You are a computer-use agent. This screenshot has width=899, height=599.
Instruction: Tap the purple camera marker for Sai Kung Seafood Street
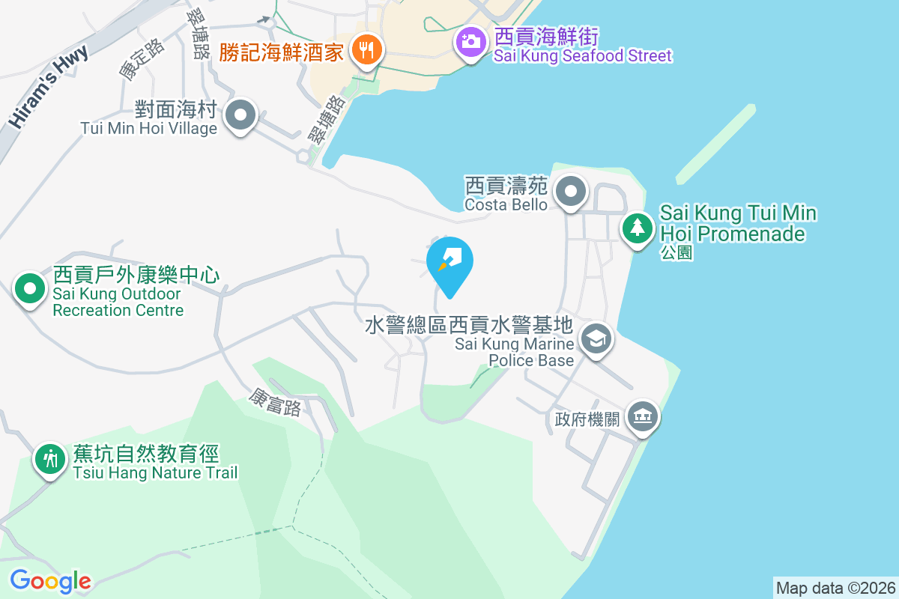tap(470, 40)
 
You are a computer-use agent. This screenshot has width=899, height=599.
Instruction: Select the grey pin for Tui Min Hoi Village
tap(241, 116)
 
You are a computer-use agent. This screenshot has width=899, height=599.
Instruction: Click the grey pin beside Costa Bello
tap(572, 191)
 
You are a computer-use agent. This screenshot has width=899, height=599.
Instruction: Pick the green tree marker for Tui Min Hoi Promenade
tap(637, 226)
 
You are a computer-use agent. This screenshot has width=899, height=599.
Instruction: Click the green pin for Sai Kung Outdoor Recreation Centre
tap(30, 288)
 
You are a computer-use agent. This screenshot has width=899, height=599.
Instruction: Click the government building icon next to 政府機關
tap(642, 416)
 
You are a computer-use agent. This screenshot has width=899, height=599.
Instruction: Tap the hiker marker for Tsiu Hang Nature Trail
tap(50, 457)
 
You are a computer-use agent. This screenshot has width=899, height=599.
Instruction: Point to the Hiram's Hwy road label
tap(49, 85)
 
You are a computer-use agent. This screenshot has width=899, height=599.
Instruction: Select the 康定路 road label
tap(142, 59)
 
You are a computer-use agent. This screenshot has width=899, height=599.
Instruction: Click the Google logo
tap(50, 580)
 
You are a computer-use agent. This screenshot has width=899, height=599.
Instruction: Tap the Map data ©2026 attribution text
tap(835, 588)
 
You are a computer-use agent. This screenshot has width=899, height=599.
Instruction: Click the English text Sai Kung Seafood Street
tap(583, 55)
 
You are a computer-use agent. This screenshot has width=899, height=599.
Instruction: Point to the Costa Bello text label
tap(506, 204)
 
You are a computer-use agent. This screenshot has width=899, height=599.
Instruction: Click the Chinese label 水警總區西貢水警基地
tap(469, 325)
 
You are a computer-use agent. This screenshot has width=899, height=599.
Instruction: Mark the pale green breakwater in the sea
tap(715, 144)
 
